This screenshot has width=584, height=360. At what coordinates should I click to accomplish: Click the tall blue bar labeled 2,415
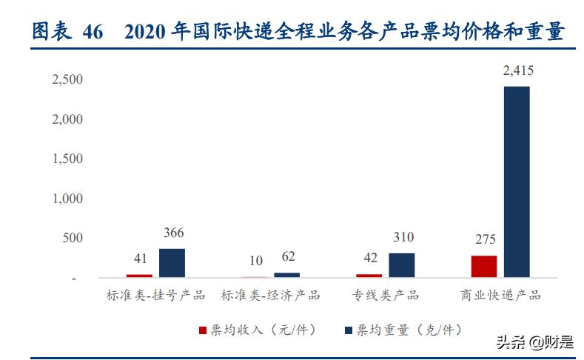point(517,181)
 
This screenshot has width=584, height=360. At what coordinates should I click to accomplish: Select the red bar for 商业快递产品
point(484,267)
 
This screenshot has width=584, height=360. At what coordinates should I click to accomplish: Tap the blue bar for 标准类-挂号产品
point(172,263)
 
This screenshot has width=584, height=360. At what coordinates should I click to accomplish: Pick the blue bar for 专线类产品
point(402,265)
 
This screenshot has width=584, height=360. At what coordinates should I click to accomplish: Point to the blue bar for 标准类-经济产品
point(287,275)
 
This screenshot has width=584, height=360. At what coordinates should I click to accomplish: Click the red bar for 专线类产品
point(369,276)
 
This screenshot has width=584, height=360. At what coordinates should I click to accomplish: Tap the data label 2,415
point(517,71)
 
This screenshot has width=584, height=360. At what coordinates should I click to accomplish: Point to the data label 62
point(287,258)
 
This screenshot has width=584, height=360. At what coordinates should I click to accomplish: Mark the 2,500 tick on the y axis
point(67,79)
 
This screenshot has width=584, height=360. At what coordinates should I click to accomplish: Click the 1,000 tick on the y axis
point(67,199)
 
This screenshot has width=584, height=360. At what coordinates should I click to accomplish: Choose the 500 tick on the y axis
point(73,239)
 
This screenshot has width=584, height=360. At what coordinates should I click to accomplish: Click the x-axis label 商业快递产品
point(500,296)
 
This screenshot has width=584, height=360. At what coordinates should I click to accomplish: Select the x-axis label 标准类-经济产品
point(270,296)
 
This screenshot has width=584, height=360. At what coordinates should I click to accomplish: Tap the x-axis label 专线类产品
point(385,296)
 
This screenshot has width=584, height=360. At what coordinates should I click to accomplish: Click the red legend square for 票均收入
point(203,329)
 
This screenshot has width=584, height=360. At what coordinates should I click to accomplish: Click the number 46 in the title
point(93,32)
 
